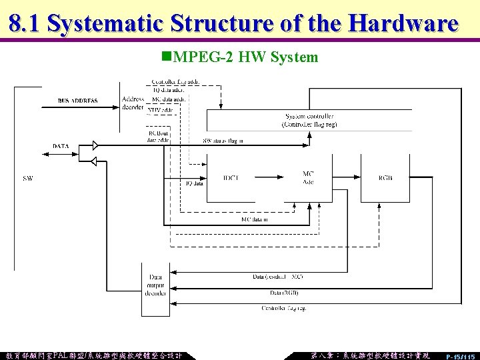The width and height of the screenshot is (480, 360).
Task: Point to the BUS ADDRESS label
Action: [77, 101]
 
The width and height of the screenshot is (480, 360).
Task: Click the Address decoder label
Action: [133, 103]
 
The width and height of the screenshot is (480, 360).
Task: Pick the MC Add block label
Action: [308, 178]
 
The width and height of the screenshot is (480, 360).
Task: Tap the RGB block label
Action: [385, 178]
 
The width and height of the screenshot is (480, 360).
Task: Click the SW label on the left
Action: [27, 178]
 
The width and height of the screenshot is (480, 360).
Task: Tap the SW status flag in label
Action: [223, 141]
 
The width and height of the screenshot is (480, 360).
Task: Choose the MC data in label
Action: [255, 219]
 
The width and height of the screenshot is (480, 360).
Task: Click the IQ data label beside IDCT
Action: [193, 183]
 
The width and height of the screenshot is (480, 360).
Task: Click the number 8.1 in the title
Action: [25, 23]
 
